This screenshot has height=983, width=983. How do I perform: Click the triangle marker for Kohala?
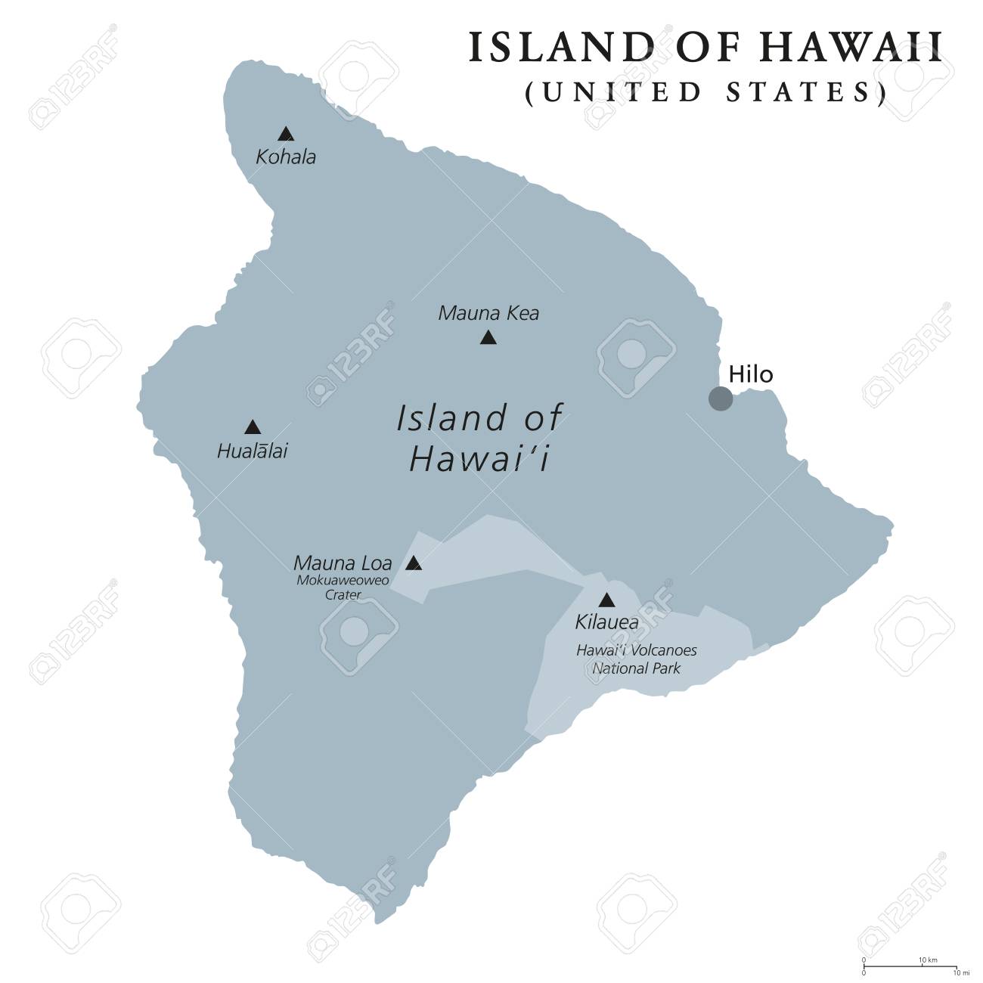[x=285, y=135]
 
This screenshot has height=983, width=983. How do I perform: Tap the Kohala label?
[x=286, y=157]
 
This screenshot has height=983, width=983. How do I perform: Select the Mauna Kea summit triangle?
[x=488, y=338]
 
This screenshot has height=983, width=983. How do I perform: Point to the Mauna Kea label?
[x=488, y=313]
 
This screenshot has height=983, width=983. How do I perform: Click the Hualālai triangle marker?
[x=253, y=427]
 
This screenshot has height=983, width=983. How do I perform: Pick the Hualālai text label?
[x=253, y=452]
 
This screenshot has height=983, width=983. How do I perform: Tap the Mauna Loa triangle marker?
[x=414, y=563]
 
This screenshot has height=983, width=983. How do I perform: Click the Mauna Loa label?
[x=343, y=563]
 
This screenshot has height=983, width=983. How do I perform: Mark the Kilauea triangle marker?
[x=606, y=600]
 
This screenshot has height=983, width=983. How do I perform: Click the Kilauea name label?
[x=606, y=623]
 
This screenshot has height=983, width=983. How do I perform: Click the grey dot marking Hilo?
[x=720, y=398]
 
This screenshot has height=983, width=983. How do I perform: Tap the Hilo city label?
[x=750, y=374]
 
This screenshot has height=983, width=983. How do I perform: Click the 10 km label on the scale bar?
[x=928, y=960]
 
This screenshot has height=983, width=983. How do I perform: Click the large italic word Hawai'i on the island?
[x=479, y=460]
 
